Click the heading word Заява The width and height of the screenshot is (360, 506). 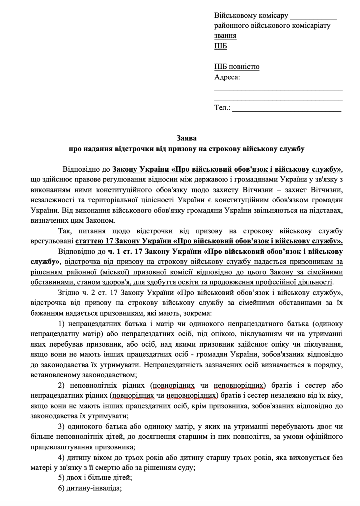click(x=186, y=138)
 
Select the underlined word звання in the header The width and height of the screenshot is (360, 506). click(x=225, y=36)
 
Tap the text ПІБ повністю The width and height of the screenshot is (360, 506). click(x=237, y=67)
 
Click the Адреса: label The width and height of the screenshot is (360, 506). click(x=227, y=77)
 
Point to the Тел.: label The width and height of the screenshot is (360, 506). click(x=222, y=108)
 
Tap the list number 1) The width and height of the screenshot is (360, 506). click(x=61, y=323)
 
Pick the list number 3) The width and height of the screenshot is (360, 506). click(x=61, y=427)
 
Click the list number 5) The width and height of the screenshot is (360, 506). click(x=61, y=477)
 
